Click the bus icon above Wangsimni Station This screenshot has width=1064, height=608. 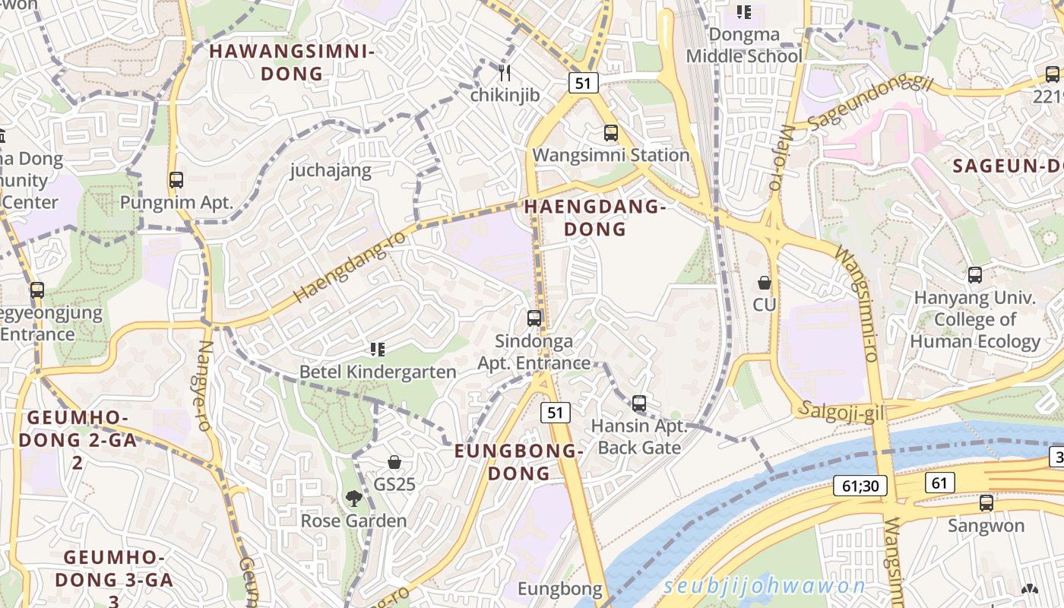point(610,133)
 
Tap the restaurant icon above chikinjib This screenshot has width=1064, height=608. point(505,73)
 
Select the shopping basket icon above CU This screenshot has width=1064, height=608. point(765,283)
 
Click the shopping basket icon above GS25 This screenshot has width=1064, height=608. point(394,461)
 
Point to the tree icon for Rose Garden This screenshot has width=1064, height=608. point(353,499)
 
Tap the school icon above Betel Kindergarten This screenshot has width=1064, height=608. point(377,350)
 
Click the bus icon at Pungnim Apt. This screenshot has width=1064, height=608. point(176,180)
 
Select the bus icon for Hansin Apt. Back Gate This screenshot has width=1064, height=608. point(639,404)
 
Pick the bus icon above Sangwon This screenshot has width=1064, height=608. point(986,502)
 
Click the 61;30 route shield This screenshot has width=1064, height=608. point(860,486)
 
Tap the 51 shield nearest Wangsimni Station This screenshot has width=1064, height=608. point(583,83)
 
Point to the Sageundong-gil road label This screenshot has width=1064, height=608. point(869,101)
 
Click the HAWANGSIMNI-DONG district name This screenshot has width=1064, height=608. point(292,62)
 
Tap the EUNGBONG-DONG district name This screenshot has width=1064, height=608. point(519,462)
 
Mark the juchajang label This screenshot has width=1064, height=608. point(331,170)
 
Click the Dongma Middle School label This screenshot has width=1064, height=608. point(744,46)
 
